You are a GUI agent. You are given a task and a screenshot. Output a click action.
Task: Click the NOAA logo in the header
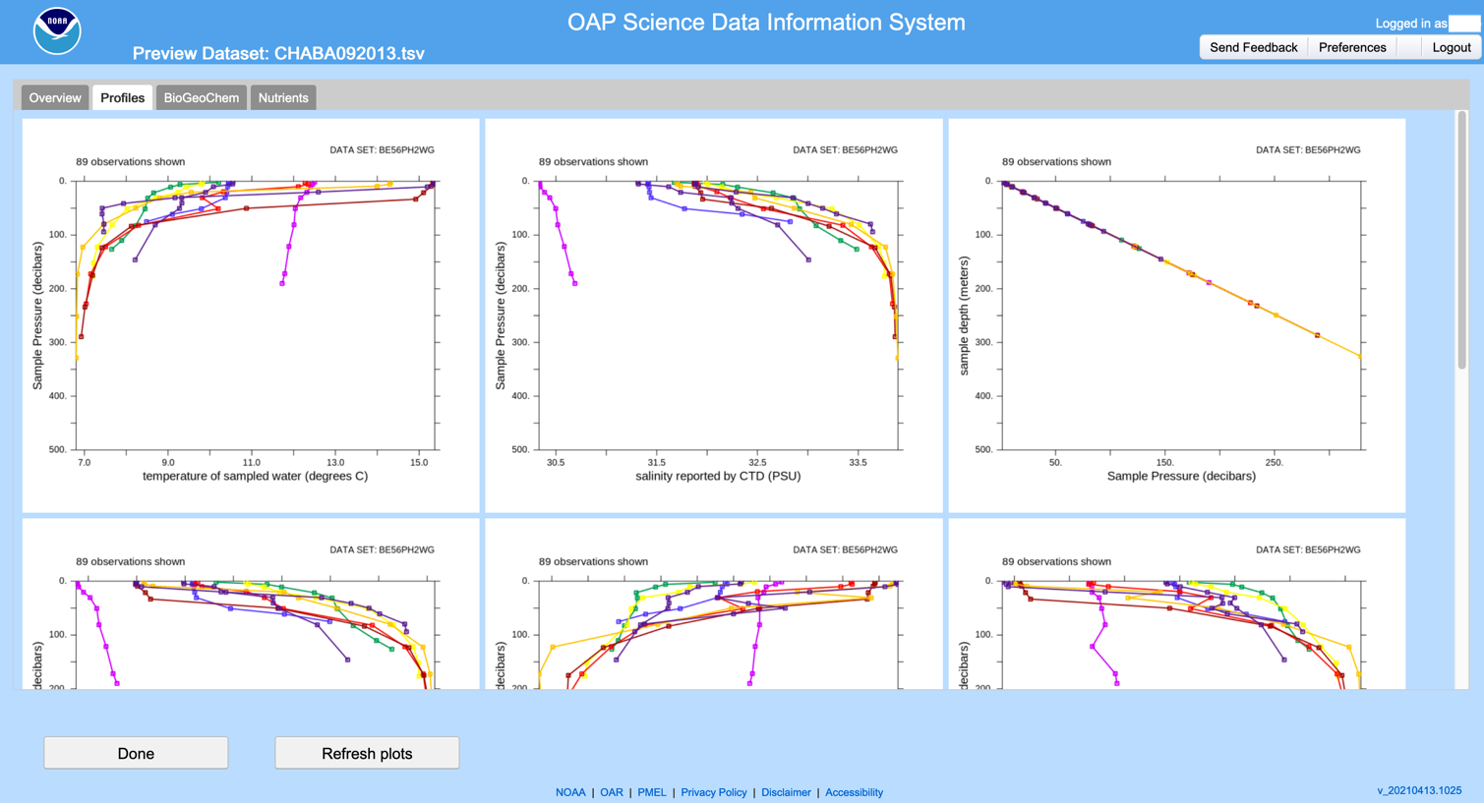click(x=57, y=31)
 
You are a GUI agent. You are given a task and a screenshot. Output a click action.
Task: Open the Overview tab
click(x=55, y=97)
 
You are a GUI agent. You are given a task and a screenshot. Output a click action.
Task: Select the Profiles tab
click(x=123, y=97)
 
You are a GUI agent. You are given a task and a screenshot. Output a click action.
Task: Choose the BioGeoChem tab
click(x=202, y=97)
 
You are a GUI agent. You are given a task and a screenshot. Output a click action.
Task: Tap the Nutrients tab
click(x=283, y=97)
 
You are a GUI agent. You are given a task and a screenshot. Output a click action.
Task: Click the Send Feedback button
click(x=1253, y=47)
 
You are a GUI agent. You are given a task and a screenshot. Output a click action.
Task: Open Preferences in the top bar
click(x=1352, y=47)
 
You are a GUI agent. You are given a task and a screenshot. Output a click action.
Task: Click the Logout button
click(x=1451, y=47)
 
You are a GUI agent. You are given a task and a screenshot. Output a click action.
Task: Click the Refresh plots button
click(x=367, y=753)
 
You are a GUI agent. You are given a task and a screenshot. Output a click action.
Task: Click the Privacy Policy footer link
click(x=714, y=792)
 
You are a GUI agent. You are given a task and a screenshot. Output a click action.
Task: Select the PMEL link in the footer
click(x=652, y=792)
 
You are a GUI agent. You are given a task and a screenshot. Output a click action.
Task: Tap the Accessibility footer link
click(x=854, y=792)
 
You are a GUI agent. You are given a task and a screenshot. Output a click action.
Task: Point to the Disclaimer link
click(x=786, y=792)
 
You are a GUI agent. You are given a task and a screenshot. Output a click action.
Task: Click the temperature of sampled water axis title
click(x=256, y=477)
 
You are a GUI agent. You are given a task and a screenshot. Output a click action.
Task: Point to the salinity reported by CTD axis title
click(x=718, y=477)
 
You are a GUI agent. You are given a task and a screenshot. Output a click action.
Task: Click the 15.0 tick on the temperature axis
click(x=420, y=462)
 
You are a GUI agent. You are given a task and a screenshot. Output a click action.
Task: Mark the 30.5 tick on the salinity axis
click(x=556, y=462)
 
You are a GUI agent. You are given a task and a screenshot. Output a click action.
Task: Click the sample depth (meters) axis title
click(x=964, y=315)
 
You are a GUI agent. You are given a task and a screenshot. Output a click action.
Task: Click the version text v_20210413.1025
click(x=1419, y=790)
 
